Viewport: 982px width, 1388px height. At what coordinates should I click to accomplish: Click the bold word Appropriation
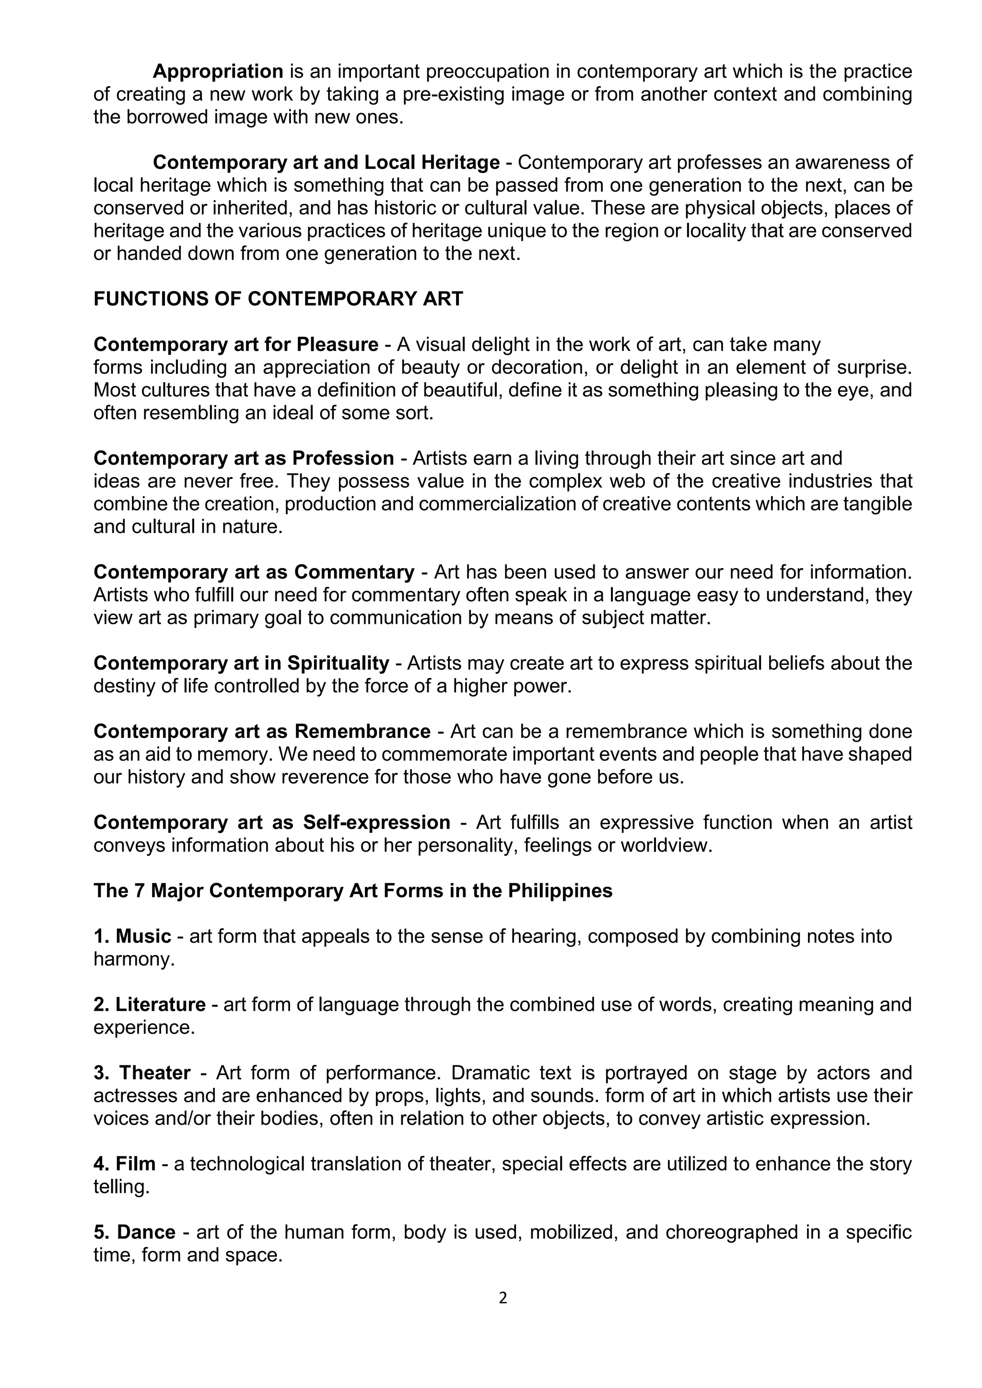tap(218, 71)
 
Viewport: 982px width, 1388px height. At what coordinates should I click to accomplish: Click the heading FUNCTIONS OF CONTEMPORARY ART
tap(278, 299)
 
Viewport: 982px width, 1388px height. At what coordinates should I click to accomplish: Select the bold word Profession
tap(343, 458)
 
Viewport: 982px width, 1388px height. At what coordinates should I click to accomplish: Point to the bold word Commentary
tap(354, 572)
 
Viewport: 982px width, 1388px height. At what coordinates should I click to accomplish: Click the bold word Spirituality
tap(338, 663)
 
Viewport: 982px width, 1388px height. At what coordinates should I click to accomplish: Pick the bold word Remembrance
tap(362, 732)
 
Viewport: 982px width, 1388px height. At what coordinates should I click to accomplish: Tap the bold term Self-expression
tap(377, 822)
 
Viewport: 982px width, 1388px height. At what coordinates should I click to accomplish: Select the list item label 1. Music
tap(132, 936)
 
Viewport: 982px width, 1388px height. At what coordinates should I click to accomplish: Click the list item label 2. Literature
tap(149, 1005)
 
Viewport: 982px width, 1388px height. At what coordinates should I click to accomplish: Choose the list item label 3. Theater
tap(142, 1073)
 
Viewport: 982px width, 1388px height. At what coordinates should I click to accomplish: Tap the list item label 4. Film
tap(125, 1164)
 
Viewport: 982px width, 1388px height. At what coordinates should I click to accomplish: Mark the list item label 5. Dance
tap(134, 1232)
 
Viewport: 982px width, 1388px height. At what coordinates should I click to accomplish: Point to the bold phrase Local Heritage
tap(432, 163)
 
